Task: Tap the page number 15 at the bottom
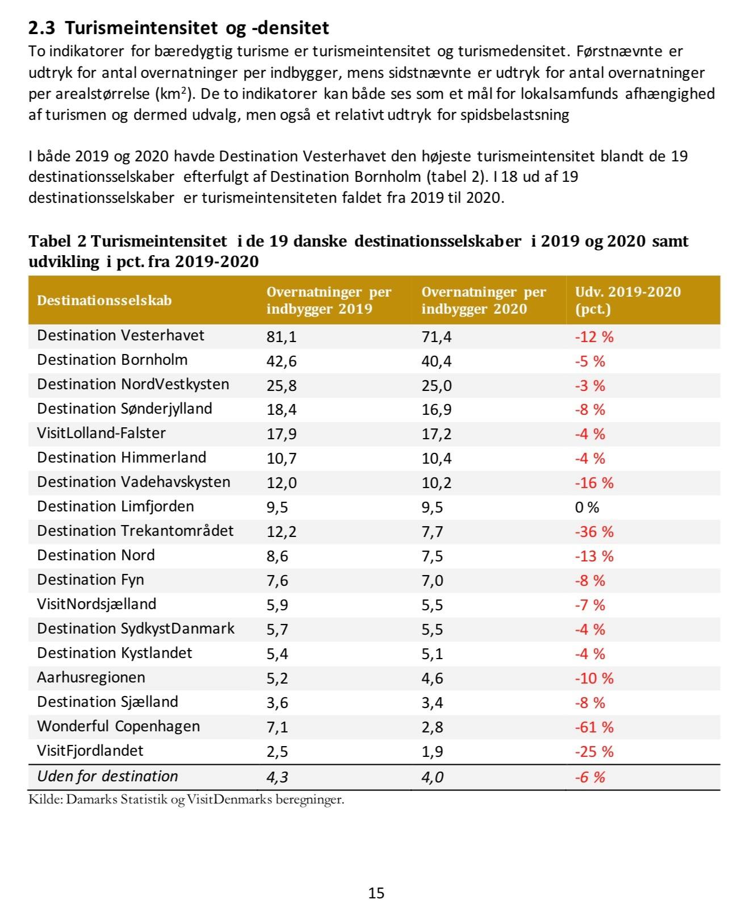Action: coord(376,893)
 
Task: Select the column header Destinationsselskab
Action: coord(104,300)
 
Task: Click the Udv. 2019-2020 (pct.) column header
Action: coord(627,300)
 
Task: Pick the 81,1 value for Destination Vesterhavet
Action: coord(282,336)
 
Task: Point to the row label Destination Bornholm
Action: coord(112,360)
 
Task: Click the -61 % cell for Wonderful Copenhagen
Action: coord(594,727)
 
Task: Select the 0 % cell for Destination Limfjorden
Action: coord(586,507)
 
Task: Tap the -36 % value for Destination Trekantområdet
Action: coord(594,531)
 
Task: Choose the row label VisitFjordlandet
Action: coord(90,751)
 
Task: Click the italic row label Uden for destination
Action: coord(107,776)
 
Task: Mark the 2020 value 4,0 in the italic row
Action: coord(432,777)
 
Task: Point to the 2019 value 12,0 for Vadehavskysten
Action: coord(282,482)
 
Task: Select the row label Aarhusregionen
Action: coord(91,677)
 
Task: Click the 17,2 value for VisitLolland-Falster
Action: coord(436,434)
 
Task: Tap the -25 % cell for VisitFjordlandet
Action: coord(594,751)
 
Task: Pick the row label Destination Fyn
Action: coord(90,580)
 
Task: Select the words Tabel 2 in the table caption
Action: coord(57,241)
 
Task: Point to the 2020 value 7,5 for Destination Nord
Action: coord(432,556)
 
